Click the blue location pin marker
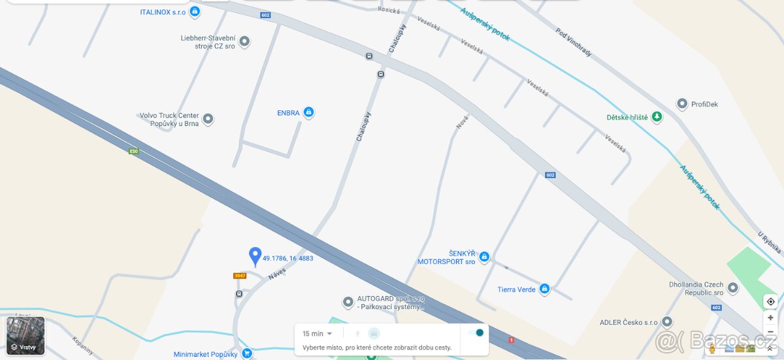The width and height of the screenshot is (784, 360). [x=255, y=255]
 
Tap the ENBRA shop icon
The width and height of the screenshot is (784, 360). [x=309, y=112]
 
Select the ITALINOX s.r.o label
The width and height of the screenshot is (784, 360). [x=163, y=12]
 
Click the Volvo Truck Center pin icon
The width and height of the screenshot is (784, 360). [x=208, y=119]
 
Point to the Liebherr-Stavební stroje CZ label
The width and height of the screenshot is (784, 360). [x=208, y=42]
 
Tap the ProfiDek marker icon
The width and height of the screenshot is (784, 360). [x=682, y=104]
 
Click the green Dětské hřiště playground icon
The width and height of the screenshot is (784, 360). [x=657, y=117]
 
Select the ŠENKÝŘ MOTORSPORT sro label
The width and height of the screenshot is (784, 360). [x=447, y=257]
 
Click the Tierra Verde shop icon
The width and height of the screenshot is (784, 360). [x=544, y=289]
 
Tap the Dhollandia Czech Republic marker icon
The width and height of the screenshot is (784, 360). [x=733, y=287]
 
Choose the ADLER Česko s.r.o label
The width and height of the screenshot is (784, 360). [x=629, y=322]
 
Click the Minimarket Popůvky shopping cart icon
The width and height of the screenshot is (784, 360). [x=246, y=353]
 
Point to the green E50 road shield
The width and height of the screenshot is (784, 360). [x=134, y=152]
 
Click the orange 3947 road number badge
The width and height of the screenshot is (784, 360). [x=240, y=276]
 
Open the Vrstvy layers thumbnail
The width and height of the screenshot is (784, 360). [x=25, y=336]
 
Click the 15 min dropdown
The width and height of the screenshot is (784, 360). [x=318, y=334]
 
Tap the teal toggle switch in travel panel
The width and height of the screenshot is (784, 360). [x=476, y=333]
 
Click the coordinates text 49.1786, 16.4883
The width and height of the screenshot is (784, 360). [x=288, y=259]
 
